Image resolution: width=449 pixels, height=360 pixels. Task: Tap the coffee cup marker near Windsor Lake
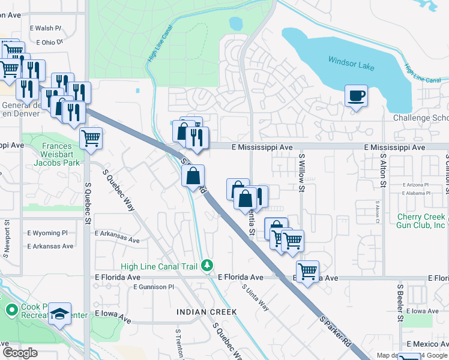pos(356,96)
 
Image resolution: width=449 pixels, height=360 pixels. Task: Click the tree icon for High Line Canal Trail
pos(207,265)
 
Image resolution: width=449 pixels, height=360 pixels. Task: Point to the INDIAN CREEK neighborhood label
pos(206,312)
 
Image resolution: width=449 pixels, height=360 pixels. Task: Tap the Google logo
pos(20,353)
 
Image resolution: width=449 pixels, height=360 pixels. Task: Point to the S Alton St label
pos(382,172)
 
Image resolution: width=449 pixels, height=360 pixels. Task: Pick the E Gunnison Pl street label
pos(154,287)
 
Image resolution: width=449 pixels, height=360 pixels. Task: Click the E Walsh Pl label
pos(46,28)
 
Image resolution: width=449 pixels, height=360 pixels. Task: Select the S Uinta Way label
pos(256,296)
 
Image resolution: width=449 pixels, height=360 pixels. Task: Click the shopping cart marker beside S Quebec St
pos(91,138)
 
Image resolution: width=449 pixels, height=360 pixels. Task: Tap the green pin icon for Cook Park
pos(11,310)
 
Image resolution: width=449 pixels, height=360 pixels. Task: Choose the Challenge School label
pos(420,118)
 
